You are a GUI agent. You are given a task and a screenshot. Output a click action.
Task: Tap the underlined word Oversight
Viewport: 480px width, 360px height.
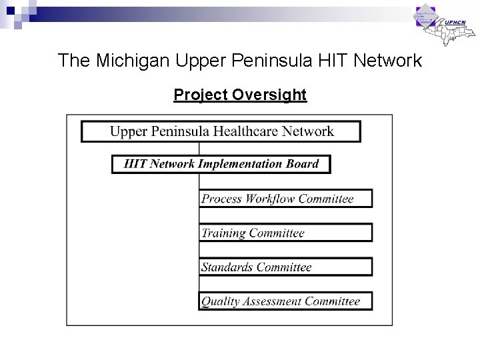[x=271, y=95]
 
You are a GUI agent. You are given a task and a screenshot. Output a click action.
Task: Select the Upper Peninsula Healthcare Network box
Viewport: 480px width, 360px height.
[x=221, y=131]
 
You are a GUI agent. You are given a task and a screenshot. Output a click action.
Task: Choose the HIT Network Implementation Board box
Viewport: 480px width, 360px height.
[x=221, y=164]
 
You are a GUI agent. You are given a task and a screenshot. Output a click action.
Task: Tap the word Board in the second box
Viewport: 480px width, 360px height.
[x=301, y=164]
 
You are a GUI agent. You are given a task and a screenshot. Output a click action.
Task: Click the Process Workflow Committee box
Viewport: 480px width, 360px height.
[x=286, y=199]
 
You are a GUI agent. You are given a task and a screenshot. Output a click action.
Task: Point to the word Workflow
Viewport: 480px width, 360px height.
[x=269, y=199]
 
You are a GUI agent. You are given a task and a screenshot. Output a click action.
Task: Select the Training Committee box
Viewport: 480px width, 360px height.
[x=286, y=233]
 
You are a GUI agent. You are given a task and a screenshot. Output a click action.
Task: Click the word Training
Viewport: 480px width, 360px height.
[x=223, y=233]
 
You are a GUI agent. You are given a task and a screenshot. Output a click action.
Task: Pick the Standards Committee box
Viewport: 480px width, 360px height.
[x=286, y=267]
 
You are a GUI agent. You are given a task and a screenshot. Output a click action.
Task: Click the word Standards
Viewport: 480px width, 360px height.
[x=227, y=267]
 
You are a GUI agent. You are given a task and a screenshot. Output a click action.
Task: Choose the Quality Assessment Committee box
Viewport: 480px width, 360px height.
[x=286, y=301]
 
